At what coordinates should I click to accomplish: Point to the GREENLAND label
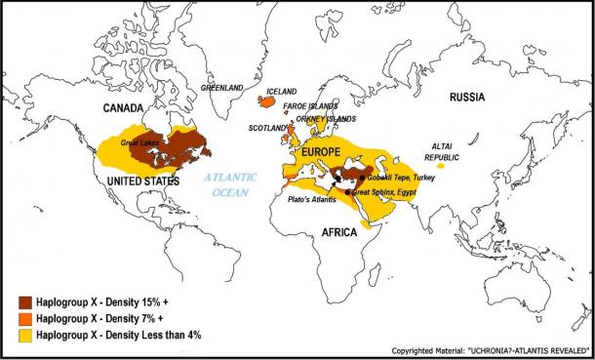pos(221,89)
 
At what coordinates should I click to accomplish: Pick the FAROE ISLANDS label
pos(310,105)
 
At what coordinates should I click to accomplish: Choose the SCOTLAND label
pos(268,128)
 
